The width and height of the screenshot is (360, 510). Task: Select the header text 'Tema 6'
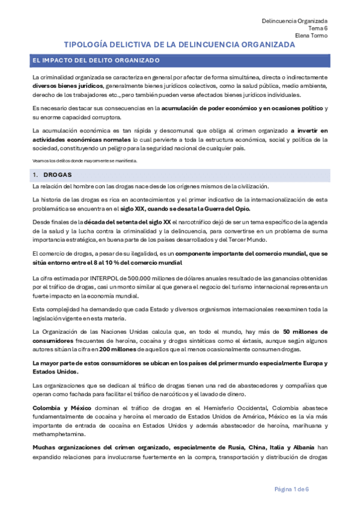318,28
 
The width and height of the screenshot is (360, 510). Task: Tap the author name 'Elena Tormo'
311,35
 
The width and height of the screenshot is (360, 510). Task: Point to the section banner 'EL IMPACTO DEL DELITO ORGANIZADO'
97,61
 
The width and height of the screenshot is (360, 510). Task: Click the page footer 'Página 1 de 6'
292,488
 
